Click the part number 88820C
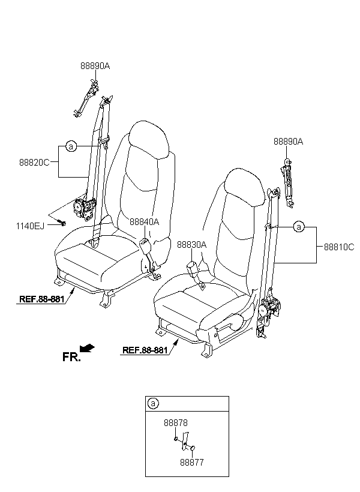pos(34,163)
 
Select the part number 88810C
pos(339,247)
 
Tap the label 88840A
pos(145,222)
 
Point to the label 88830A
pos(192,244)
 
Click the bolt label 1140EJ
pos(30,226)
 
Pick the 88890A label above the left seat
pos(95,66)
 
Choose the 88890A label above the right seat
pos(289,142)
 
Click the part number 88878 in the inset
pos(176,422)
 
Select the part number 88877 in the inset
pos(192,462)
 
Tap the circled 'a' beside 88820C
pos(71,146)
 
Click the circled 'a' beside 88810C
pos(299,227)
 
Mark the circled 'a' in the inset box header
pos(153,403)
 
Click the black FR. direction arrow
pos(87,347)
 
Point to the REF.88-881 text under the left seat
pos(42,299)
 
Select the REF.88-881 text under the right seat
pos(145,350)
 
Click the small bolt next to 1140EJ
pos(62,223)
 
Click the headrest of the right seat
pos(245,187)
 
